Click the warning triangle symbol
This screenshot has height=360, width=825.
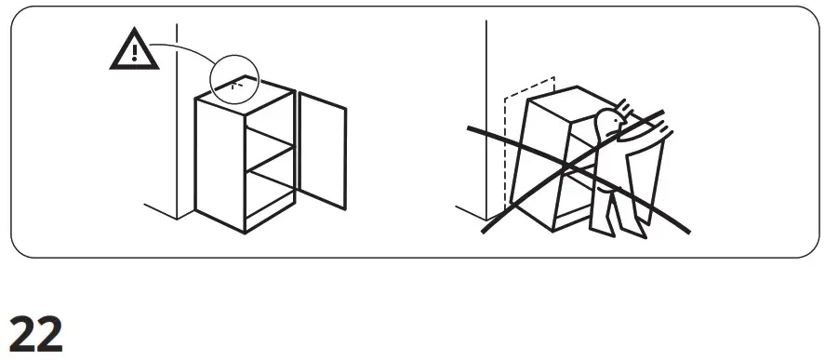134,51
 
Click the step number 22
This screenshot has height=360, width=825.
36,333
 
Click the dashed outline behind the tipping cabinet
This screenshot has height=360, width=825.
507,140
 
